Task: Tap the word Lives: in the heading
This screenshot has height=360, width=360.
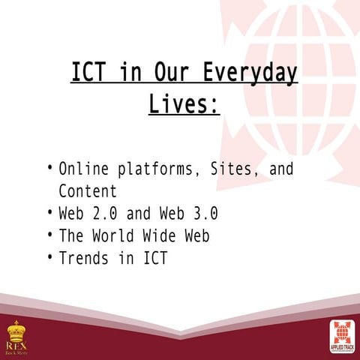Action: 184,103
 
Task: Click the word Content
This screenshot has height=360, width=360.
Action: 88,190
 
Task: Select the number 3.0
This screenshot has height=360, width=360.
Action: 203,213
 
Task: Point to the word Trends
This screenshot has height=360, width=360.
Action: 84,258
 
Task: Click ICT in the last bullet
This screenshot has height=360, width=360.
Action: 154,258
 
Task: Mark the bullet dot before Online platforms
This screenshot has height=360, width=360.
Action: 49,167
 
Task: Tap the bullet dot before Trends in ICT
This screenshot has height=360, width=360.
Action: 49,257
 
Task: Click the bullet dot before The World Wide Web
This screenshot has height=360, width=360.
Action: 49,235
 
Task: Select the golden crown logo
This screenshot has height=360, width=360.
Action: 16,330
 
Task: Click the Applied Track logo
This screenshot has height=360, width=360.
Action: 343,335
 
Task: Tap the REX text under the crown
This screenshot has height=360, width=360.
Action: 16,345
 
